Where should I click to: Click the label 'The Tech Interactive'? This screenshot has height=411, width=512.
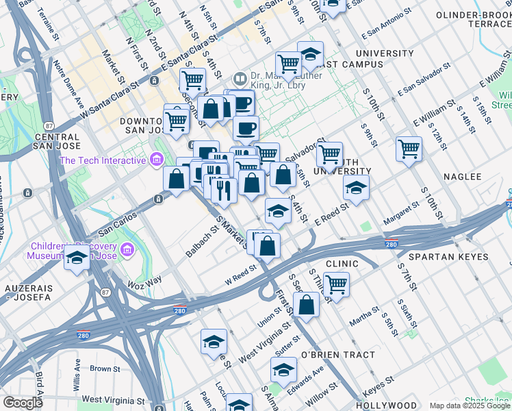pyautogui.click(x=103, y=160)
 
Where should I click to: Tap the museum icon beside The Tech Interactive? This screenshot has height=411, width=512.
pyautogui.click(x=157, y=160)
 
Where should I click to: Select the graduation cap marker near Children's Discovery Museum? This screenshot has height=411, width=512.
pyautogui.click(x=77, y=259)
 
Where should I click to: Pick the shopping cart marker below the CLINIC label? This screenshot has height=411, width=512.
pyautogui.click(x=335, y=284)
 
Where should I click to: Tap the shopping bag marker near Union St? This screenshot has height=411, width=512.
pyautogui.click(x=308, y=304)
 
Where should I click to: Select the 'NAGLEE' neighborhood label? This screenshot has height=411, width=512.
pyautogui.click(x=463, y=176)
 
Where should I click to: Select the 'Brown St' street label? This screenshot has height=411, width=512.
pyautogui.click(x=105, y=369)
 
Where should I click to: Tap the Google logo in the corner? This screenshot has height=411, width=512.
pyautogui.click(x=23, y=403)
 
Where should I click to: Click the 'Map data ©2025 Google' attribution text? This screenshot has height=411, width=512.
pyautogui.click(x=470, y=406)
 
